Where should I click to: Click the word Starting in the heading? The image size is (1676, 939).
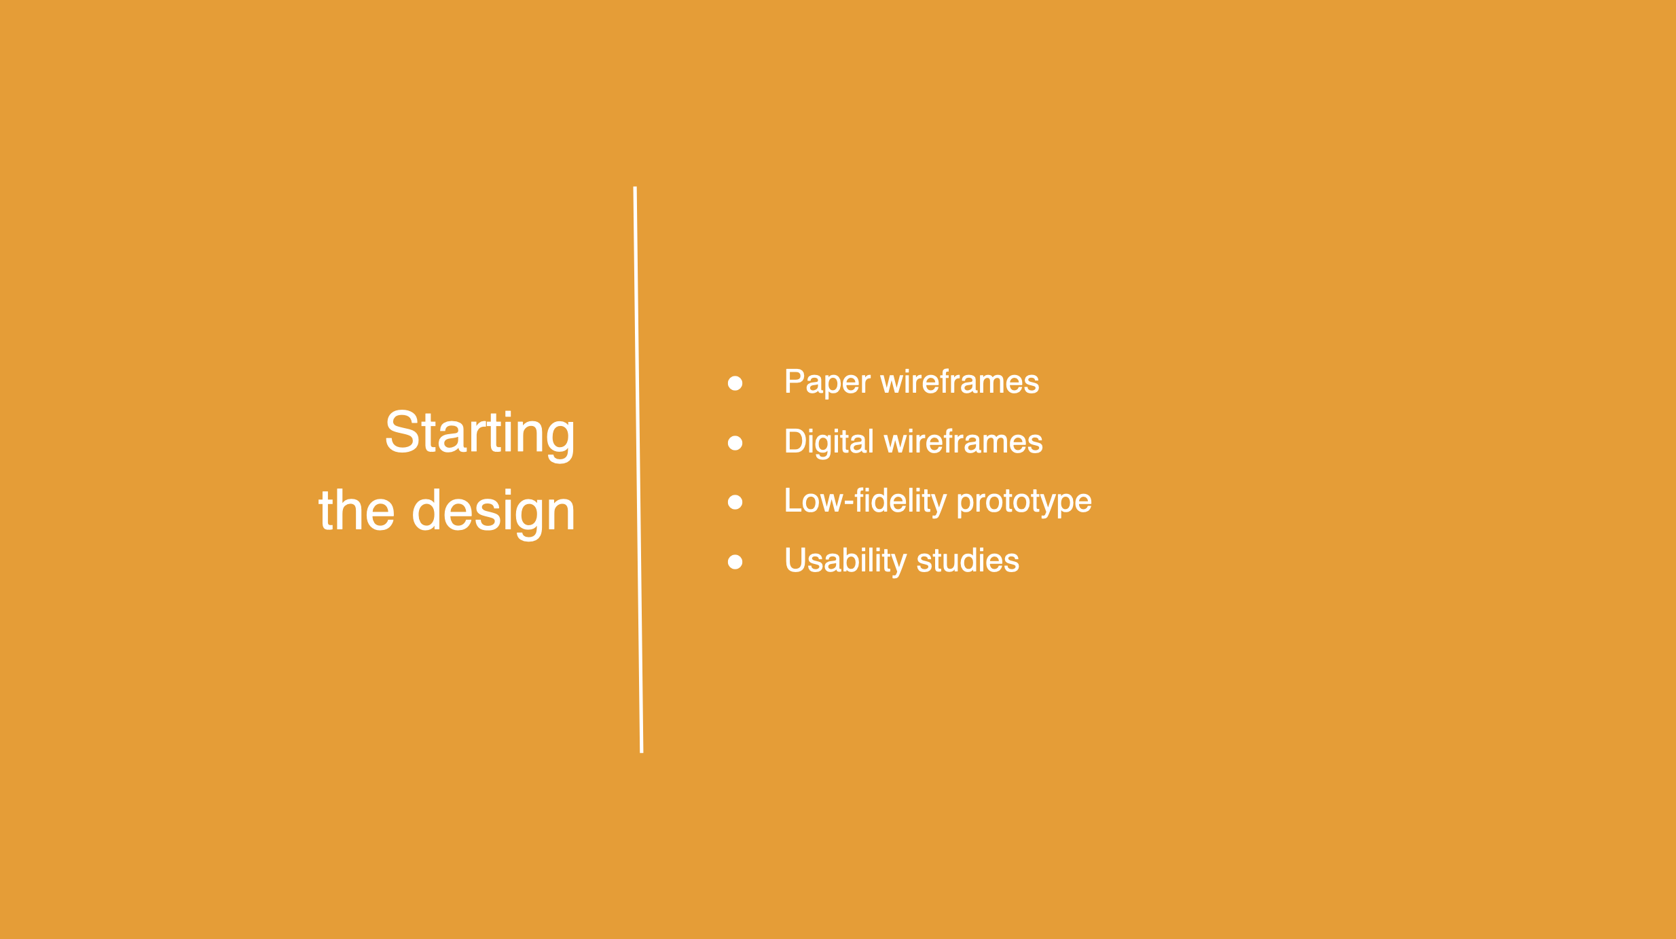pos(480,435)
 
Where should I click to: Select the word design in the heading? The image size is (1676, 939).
pos(494,514)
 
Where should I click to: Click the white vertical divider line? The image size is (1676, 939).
pos(638,469)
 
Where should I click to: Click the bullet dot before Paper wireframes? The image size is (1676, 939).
pos(735,383)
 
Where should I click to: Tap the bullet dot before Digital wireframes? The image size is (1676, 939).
pos(735,443)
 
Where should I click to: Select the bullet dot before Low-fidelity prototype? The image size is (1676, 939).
pos(735,502)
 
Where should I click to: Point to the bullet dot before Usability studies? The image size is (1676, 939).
pos(735,562)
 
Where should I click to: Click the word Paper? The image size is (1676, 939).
pos(827,383)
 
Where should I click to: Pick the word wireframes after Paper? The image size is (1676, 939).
pos(960,382)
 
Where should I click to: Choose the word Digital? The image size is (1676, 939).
pos(828,443)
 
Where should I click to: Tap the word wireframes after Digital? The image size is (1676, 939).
pos(963,442)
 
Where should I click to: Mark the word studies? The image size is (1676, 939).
pos(968,561)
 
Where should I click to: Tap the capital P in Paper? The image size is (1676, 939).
pos(795,381)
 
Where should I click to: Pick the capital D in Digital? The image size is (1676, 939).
pos(796,441)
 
